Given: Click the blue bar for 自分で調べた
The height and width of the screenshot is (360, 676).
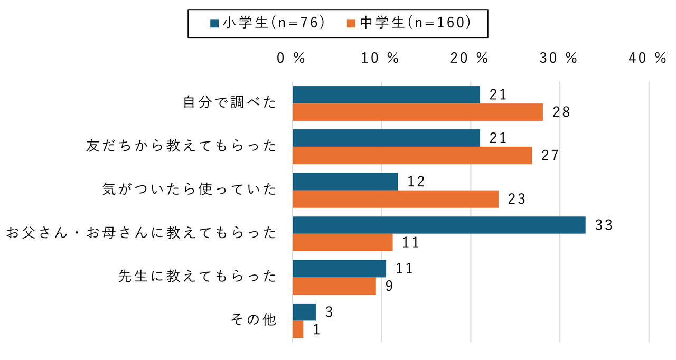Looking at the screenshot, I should tap(386, 95).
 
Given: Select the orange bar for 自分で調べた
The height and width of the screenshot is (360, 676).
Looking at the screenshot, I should tap(417, 112).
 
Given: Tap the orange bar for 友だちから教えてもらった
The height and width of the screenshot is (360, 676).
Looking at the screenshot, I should tap(412, 156).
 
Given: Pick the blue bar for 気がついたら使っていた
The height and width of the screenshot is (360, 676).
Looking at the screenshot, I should tap(345, 182).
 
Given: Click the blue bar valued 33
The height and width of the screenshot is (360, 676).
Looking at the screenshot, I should tap(438, 225).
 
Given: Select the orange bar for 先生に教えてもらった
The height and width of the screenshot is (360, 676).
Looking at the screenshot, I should tap(334, 286).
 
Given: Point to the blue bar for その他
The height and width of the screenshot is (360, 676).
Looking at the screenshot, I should tap(304, 312).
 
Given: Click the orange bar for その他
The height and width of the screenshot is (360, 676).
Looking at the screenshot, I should tap(298, 329).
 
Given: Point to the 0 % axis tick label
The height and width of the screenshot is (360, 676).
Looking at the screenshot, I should tap(292, 59).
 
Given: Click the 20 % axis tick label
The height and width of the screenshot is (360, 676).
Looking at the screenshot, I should tap(469, 59).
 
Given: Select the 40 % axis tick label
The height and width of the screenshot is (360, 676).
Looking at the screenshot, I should tap(648, 59).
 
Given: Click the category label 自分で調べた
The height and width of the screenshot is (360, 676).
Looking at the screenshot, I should tap(230, 103).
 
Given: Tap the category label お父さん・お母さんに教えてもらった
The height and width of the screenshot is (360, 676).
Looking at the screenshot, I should tap(141, 233).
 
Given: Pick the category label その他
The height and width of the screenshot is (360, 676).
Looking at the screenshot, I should tap(254, 320).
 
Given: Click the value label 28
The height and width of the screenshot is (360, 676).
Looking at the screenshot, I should tap(561, 112).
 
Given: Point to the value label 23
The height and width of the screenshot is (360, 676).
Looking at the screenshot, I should tap(517, 199).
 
